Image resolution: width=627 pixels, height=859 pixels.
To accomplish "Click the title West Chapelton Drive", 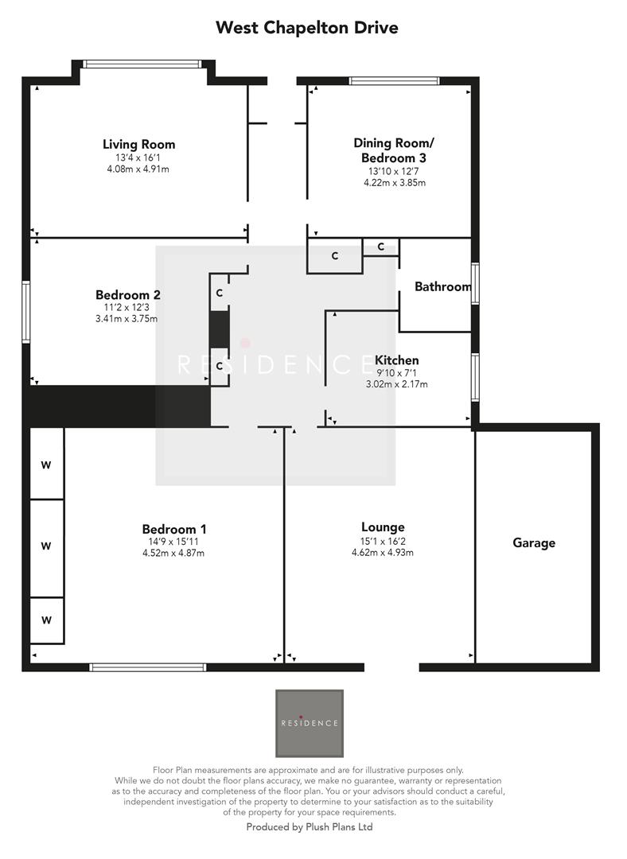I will (x=306, y=28).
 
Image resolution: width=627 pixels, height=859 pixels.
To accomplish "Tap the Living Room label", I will (x=138, y=144).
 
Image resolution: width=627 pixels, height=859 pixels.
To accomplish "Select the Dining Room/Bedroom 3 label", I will (x=394, y=150).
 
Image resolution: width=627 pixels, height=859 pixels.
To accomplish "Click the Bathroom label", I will (x=442, y=286).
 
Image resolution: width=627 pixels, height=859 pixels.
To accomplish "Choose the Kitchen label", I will (x=396, y=360).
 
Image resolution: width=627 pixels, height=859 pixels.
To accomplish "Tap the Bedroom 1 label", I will (x=173, y=529).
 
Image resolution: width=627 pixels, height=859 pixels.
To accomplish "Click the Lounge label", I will (x=383, y=527).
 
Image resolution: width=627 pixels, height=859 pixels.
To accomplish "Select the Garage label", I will (x=533, y=543).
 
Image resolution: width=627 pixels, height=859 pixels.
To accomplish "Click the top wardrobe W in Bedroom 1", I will (x=46, y=464).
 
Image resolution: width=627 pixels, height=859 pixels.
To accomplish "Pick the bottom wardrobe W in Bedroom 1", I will (x=46, y=619).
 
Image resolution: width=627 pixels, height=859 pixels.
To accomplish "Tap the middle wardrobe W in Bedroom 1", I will (x=46, y=546).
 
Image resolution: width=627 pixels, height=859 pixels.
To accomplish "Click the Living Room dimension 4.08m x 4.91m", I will (x=138, y=169).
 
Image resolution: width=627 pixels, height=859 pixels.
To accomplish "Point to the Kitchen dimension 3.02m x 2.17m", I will (x=395, y=384).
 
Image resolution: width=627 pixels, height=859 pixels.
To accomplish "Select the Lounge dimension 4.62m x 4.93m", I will (x=383, y=552).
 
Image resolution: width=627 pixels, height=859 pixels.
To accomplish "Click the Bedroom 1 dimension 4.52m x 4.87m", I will (x=173, y=554).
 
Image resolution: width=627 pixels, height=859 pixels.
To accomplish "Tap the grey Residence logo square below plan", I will (x=310, y=723).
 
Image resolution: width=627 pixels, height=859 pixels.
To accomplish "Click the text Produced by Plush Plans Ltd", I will (x=310, y=827).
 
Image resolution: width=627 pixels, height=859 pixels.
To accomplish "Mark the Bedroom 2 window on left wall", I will (x=26, y=312).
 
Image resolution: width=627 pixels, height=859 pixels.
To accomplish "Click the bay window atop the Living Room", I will (x=143, y=64).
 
